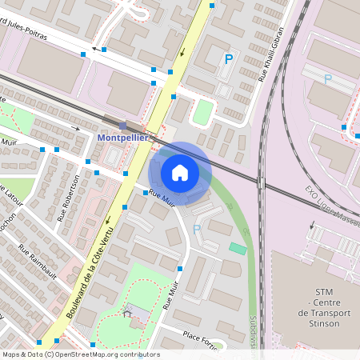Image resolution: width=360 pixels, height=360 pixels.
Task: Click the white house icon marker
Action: (180, 172)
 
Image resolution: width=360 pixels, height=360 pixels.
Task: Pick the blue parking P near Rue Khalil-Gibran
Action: (229, 59)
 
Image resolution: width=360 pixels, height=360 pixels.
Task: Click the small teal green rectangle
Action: (238, 249)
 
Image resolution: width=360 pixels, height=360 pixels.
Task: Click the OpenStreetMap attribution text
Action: (80, 354)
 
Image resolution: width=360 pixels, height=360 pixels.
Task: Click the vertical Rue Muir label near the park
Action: (170, 296)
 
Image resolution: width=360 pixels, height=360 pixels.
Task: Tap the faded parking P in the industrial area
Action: (327, 78)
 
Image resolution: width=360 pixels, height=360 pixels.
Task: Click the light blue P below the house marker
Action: (197, 229)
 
